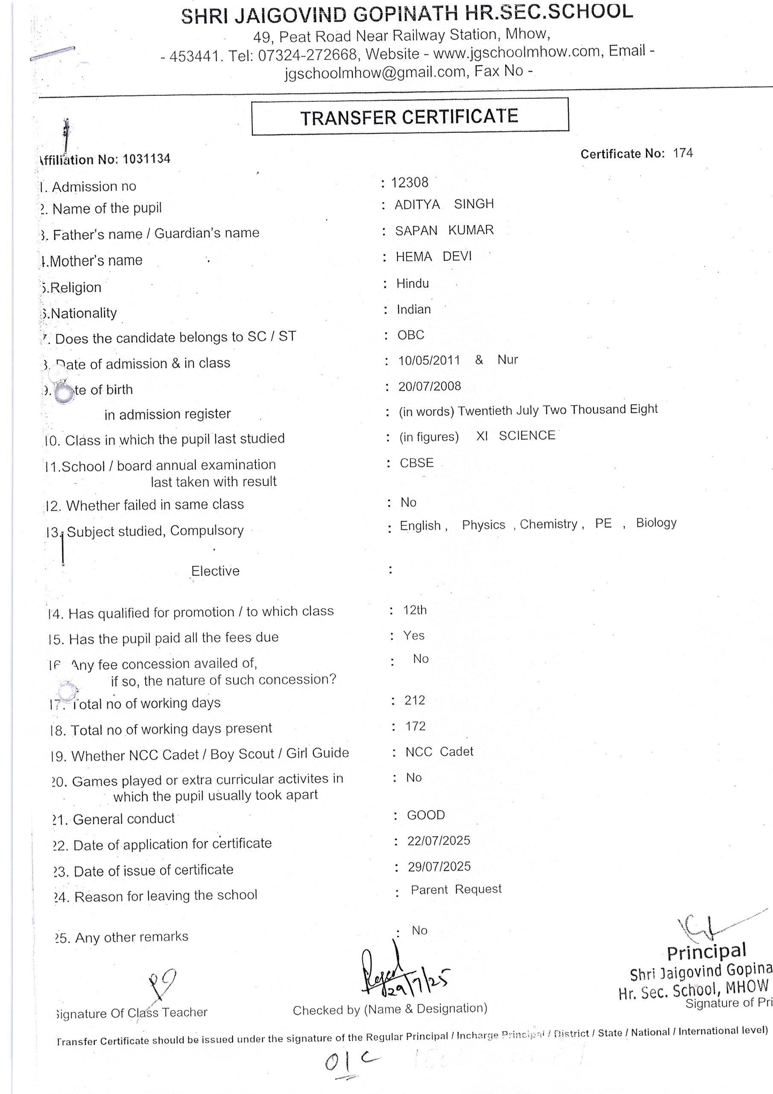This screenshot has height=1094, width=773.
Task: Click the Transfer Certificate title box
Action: tap(410, 117)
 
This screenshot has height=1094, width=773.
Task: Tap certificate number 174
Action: tap(682, 153)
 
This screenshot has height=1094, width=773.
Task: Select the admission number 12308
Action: tap(410, 182)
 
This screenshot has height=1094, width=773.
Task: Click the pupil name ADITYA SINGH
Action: tap(444, 204)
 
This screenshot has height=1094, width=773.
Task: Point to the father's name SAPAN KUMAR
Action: tap(444, 230)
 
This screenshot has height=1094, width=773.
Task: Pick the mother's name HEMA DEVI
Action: tap(433, 256)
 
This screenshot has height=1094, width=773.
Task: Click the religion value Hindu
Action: tap(413, 283)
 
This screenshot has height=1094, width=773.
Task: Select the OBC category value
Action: tap(410, 335)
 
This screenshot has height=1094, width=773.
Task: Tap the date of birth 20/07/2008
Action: tap(430, 386)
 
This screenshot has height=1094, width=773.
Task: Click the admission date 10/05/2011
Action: tap(429, 360)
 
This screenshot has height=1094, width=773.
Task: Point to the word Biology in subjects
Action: tap(656, 523)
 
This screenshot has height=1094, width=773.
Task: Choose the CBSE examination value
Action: tap(417, 463)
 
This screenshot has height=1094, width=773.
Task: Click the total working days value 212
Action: tap(414, 700)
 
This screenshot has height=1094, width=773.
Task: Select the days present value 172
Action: tap(415, 726)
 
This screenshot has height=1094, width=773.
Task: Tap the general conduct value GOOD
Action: tap(426, 815)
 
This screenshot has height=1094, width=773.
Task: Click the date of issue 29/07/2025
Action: tap(439, 866)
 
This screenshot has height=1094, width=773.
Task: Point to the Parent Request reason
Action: tap(456, 889)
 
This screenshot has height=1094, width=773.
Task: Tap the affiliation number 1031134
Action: tap(146, 159)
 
